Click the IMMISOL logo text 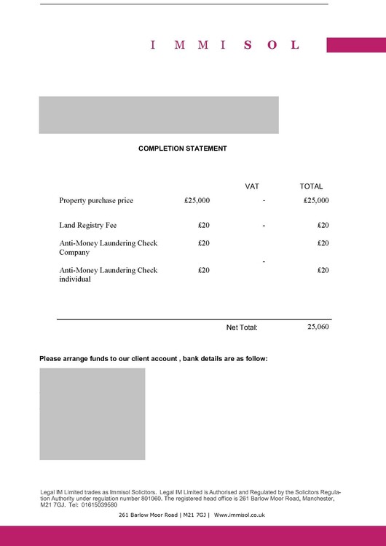tap(224, 45)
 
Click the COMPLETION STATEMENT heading tap(183, 149)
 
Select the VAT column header tap(252, 186)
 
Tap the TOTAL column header tap(311, 186)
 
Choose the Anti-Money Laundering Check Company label tap(108, 248)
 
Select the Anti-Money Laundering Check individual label tap(108, 274)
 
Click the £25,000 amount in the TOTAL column tap(316, 200)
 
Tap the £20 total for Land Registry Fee tap(323, 226)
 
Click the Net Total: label tap(242, 328)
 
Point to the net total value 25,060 tap(318, 328)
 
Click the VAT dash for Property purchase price tap(264, 199)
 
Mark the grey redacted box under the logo tap(159, 115)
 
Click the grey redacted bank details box tap(92, 414)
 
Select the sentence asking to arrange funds tap(154, 359)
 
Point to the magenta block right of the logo tap(355, 45)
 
